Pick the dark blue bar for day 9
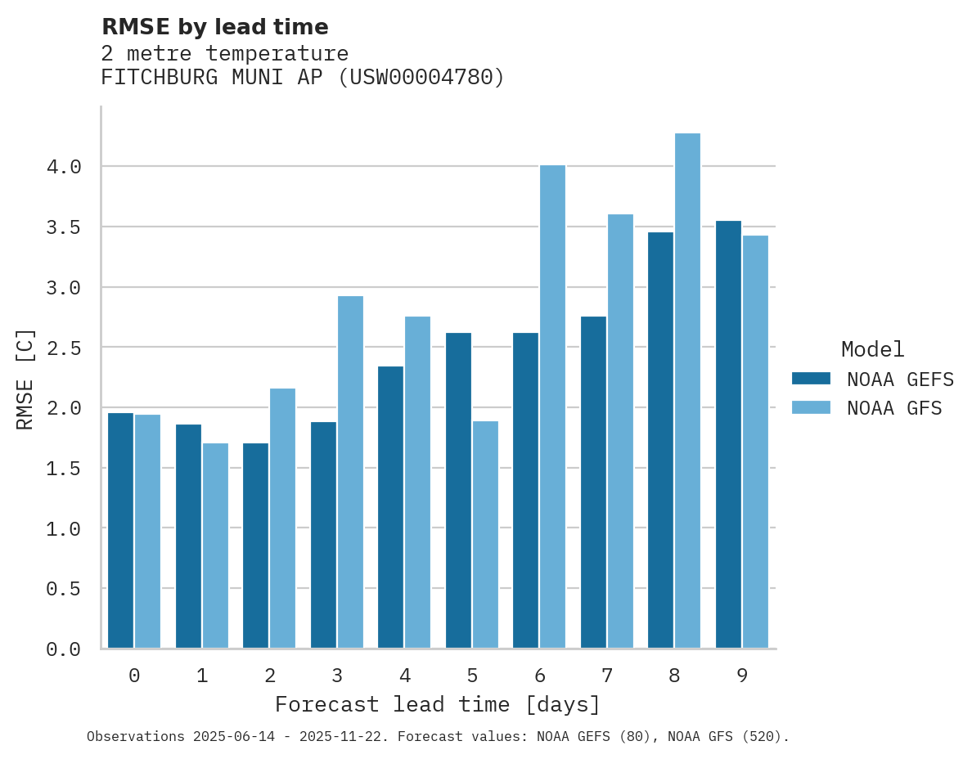pyautogui.click(x=728, y=434)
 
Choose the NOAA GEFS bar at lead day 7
pyautogui.click(x=593, y=482)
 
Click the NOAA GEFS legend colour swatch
pyautogui.click(x=811, y=379)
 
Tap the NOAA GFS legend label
pyautogui.click(x=894, y=408)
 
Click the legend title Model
pyautogui.click(x=872, y=350)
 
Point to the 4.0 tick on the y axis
pyautogui.click(x=64, y=167)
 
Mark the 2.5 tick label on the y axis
pyautogui.click(x=64, y=348)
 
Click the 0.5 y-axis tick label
pyautogui.click(x=64, y=589)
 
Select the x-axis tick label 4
pyautogui.click(x=404, y=676)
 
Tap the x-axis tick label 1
pyautogui.click(x=202, y=676)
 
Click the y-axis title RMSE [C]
pyautogui.click(x=25, y=379)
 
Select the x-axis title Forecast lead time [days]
pyautogui.click(x=438, y=705)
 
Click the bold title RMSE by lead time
pyautogui.click(x=214, y=27)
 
